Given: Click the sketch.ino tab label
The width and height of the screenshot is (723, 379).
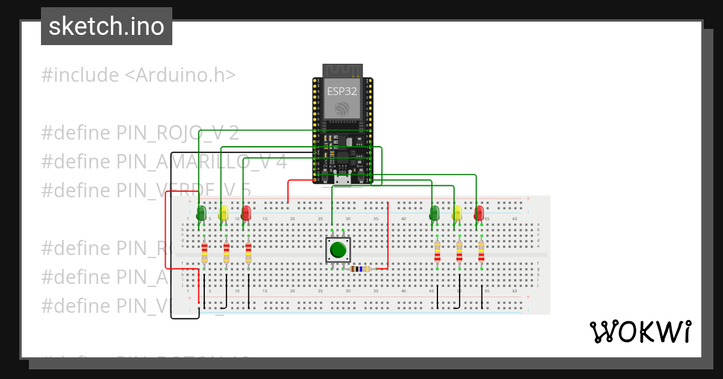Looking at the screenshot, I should pos(106,26).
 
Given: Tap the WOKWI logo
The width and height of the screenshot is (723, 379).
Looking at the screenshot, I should pos(639,331).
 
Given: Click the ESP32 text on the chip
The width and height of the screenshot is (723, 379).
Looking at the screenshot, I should pos(342,91).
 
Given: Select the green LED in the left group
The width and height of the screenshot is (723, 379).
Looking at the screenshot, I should pos(201,212).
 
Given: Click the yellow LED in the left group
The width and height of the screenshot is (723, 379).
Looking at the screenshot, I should pos(224,213).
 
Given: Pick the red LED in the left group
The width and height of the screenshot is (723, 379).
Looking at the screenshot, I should pos(246,213).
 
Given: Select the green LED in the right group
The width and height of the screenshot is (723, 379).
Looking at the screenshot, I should pos(434,212).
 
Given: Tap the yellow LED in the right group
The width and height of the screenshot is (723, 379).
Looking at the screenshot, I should pos(457,213).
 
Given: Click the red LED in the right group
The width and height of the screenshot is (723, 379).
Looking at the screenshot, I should pos(479,213).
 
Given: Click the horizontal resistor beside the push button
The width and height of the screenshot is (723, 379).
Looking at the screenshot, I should pos(360,269).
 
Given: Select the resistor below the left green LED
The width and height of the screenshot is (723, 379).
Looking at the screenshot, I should pos(204,253).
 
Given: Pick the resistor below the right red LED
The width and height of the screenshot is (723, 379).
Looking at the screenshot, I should pos(481,253).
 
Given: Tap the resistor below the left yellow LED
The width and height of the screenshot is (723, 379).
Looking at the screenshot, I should pos(227,253).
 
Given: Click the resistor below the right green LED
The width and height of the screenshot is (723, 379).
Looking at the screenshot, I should pos(437,253).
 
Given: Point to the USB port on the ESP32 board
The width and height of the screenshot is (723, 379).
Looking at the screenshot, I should pos(343,179).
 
